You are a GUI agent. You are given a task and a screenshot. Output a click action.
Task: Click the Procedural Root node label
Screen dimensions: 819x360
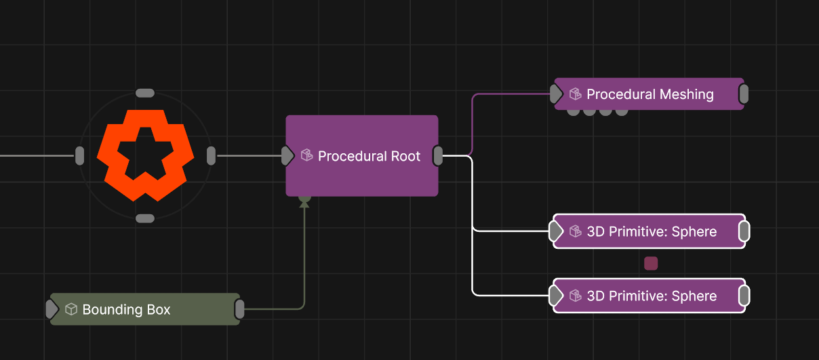(369, 156)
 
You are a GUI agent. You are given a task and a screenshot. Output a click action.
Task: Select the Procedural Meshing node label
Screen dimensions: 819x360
(650, 94)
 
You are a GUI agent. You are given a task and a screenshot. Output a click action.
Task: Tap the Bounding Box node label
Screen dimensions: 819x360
(127, 310)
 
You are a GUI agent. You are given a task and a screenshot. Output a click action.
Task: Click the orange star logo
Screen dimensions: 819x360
(146, 155)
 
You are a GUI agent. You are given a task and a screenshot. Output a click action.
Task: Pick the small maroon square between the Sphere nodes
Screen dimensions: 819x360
(651, 263)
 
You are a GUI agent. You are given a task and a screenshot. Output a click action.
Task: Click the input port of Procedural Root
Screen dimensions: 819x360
(287, 156)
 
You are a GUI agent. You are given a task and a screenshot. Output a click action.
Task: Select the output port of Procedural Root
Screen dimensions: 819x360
(438, 156)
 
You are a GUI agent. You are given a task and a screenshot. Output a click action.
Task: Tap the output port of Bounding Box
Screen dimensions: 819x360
(239, 309)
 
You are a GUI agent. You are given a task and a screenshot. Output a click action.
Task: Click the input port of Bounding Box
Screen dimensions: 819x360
(52, 309)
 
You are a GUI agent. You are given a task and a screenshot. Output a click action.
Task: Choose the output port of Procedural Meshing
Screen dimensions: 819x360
(744, 94)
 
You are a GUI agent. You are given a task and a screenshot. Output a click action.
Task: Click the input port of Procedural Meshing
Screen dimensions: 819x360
(556, 94)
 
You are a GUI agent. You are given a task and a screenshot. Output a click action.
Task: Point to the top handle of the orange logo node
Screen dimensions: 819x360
(145, 93)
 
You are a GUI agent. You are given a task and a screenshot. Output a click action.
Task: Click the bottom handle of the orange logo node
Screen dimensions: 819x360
(145, 218)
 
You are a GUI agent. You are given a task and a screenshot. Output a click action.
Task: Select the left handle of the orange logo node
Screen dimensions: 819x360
(80, 156)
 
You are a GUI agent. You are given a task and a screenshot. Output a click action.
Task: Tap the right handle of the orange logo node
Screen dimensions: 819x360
(212, 156)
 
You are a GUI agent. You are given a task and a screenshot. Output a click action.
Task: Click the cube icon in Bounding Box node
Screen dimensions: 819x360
(71, 309)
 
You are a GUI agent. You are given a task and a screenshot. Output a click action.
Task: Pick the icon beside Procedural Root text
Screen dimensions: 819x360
(306, 155)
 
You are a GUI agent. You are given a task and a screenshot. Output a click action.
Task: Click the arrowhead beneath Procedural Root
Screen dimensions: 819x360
(304, 204)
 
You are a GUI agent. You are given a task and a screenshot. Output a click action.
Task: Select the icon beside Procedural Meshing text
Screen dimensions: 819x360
(576, 94)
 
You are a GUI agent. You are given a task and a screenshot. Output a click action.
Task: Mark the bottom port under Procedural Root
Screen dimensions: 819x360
(304, 199)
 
